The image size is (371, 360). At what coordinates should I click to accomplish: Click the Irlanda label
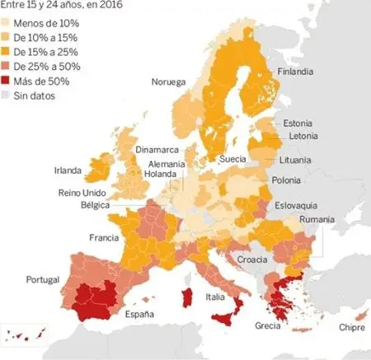point(68,171)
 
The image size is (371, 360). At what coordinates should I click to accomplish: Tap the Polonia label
point(285,180)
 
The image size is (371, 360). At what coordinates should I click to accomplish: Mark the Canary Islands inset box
point(24,336)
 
